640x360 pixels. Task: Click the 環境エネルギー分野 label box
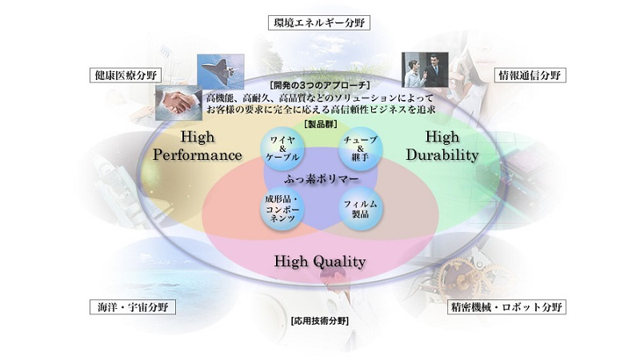coord(319,22)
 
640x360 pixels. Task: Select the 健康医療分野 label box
coord(125,75)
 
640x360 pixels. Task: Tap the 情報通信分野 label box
coord(530,75)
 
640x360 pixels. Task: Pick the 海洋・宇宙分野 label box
coord(133,307)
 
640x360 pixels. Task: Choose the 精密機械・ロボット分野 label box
coord(506,307)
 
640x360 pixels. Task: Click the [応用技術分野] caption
coord(319,321)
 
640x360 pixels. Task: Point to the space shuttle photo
coord(221,71)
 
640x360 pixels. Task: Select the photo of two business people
coord(425,70)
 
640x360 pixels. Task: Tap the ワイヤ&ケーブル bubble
coord(282,149)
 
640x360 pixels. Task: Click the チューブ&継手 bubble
coord(361,149)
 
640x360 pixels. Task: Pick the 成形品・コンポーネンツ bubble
coord(282,209)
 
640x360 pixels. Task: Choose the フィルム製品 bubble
coord(361,209)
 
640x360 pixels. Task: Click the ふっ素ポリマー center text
coord(322,178)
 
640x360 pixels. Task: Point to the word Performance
coord(197,155)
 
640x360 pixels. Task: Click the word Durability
coord(442,155)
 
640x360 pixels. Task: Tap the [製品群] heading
coord(321,124)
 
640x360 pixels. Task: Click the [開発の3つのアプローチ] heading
coord(319,86)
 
